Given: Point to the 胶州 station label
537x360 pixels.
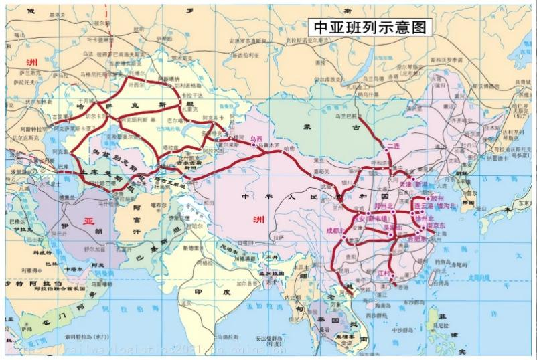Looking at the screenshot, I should point(437,199).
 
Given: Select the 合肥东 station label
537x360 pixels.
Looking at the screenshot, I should point(421,236).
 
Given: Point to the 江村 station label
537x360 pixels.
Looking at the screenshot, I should point(384,274).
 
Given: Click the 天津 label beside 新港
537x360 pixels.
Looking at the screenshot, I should point(406,183).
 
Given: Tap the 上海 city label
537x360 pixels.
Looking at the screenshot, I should point(456,231).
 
